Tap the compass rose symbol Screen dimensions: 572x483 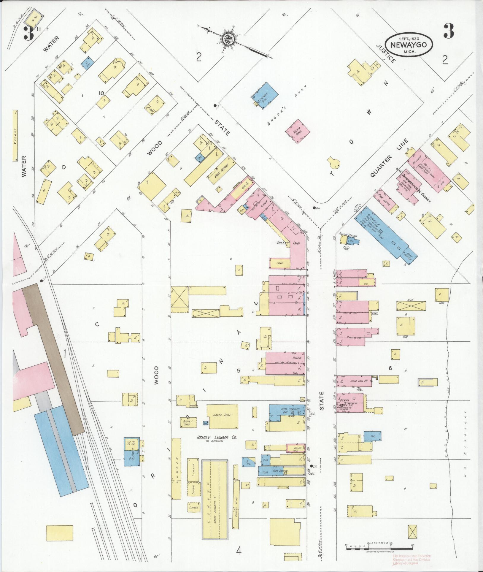tap(228, 39)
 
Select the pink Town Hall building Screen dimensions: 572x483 tap(298, 131)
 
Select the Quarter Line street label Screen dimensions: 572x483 tap(389, 158)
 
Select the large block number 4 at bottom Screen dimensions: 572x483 tap(239, 552)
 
